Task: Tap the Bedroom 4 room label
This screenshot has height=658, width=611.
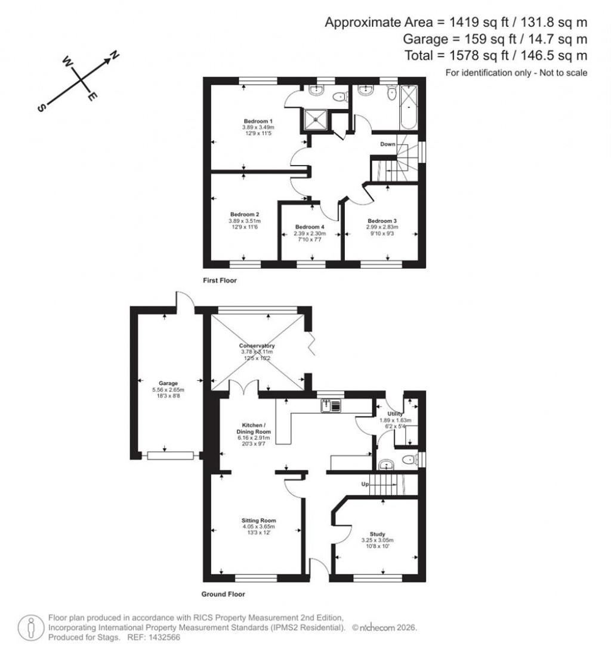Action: [310, 227]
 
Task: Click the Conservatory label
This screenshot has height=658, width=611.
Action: [257, 346]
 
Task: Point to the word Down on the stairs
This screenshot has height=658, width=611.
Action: [388, 144]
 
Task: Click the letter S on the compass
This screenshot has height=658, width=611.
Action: [41, 107]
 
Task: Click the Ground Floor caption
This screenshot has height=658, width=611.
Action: [224, 594]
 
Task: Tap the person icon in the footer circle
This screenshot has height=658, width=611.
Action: [30, 628]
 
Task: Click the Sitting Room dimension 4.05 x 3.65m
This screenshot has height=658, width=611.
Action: [258, 527]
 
